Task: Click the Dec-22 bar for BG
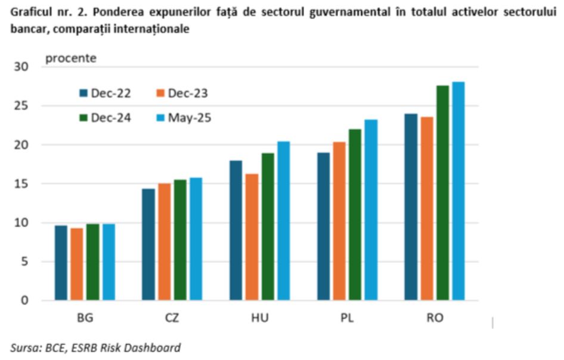pyautogui.click(x=61, y=262)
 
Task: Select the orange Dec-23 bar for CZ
pyautogui.click(x=163, y=241)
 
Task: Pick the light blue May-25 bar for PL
pyautogui.click(x=370, y=210)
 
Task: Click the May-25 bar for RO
pyautogui.click(x=457, y=191)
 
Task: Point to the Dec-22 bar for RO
pyautogui.click(x=411, y=206)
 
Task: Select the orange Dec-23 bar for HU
pyautogui.click(x=251, y=237)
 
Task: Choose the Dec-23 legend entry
pyautogui.click(x=183, y=93)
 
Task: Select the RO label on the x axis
pyautogui.click(x=434, y=318)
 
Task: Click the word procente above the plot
pyautogui.click(x=71, y=58)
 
